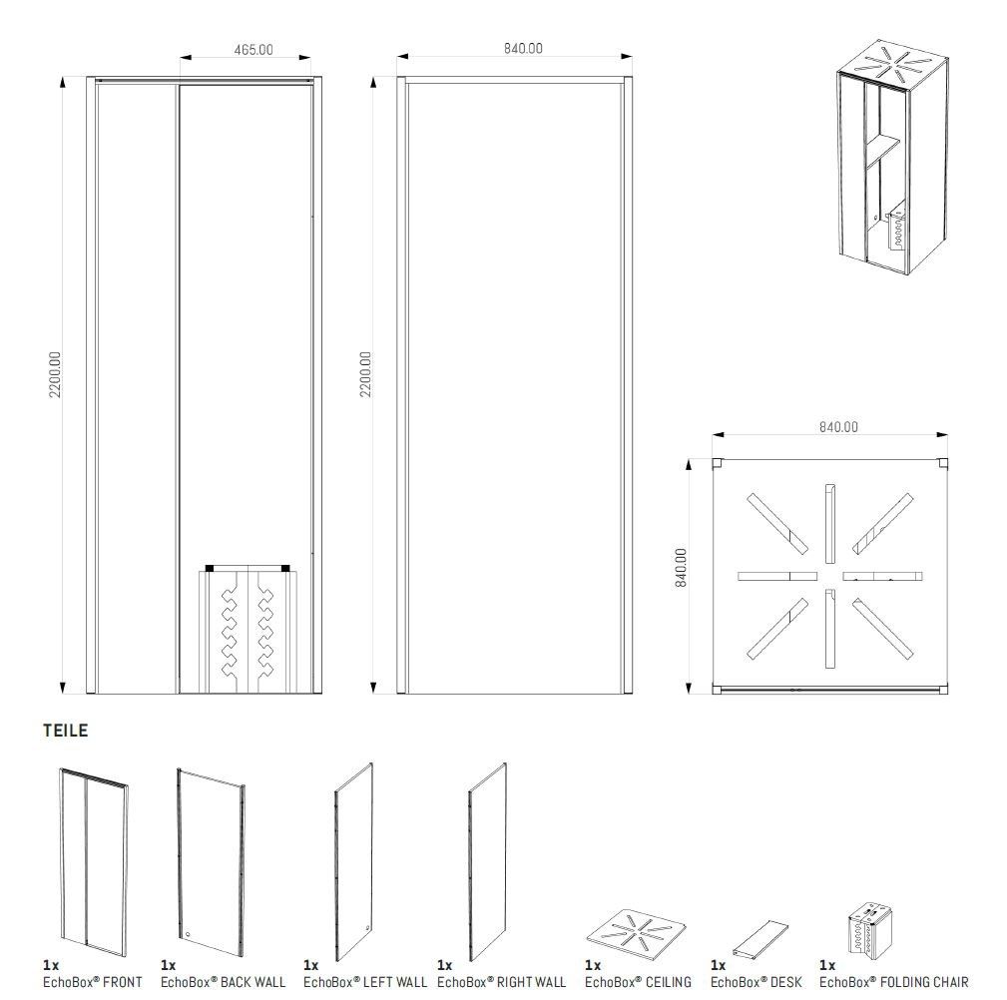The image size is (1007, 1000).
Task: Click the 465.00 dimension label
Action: [252, 49]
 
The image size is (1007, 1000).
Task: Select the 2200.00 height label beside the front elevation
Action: [55, 374]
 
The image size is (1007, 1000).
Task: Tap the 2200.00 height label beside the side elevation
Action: [365, 374]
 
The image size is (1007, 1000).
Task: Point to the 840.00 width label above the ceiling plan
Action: [837, 427]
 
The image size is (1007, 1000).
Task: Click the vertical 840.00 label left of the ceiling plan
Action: [681, 568]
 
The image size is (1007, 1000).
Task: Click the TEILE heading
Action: [66, 731]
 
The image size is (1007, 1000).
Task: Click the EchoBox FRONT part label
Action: [92, 982]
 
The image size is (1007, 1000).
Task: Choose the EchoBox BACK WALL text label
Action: [223, 982]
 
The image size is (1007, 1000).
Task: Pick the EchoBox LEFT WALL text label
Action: [365, 982]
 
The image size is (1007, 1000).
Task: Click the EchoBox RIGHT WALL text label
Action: [501, 982]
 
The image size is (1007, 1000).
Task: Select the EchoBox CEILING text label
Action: [638, 982]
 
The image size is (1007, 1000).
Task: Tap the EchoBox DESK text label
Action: [755, 982]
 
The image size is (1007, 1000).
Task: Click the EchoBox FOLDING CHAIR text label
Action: [893, 982]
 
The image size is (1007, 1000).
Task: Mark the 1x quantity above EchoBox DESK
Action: [718, 966]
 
